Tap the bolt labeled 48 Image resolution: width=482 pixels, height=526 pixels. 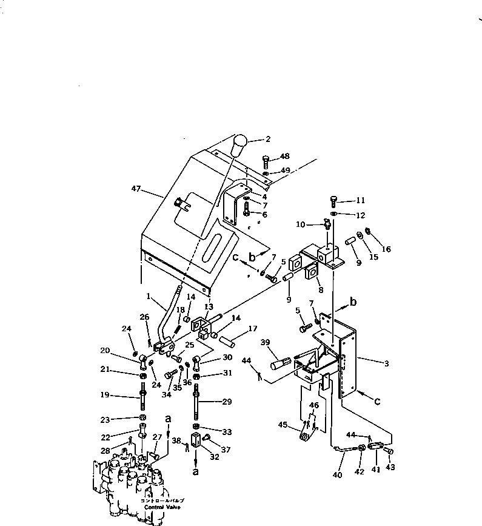point(266,161)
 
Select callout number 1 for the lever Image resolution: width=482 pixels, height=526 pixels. point(147,296)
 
